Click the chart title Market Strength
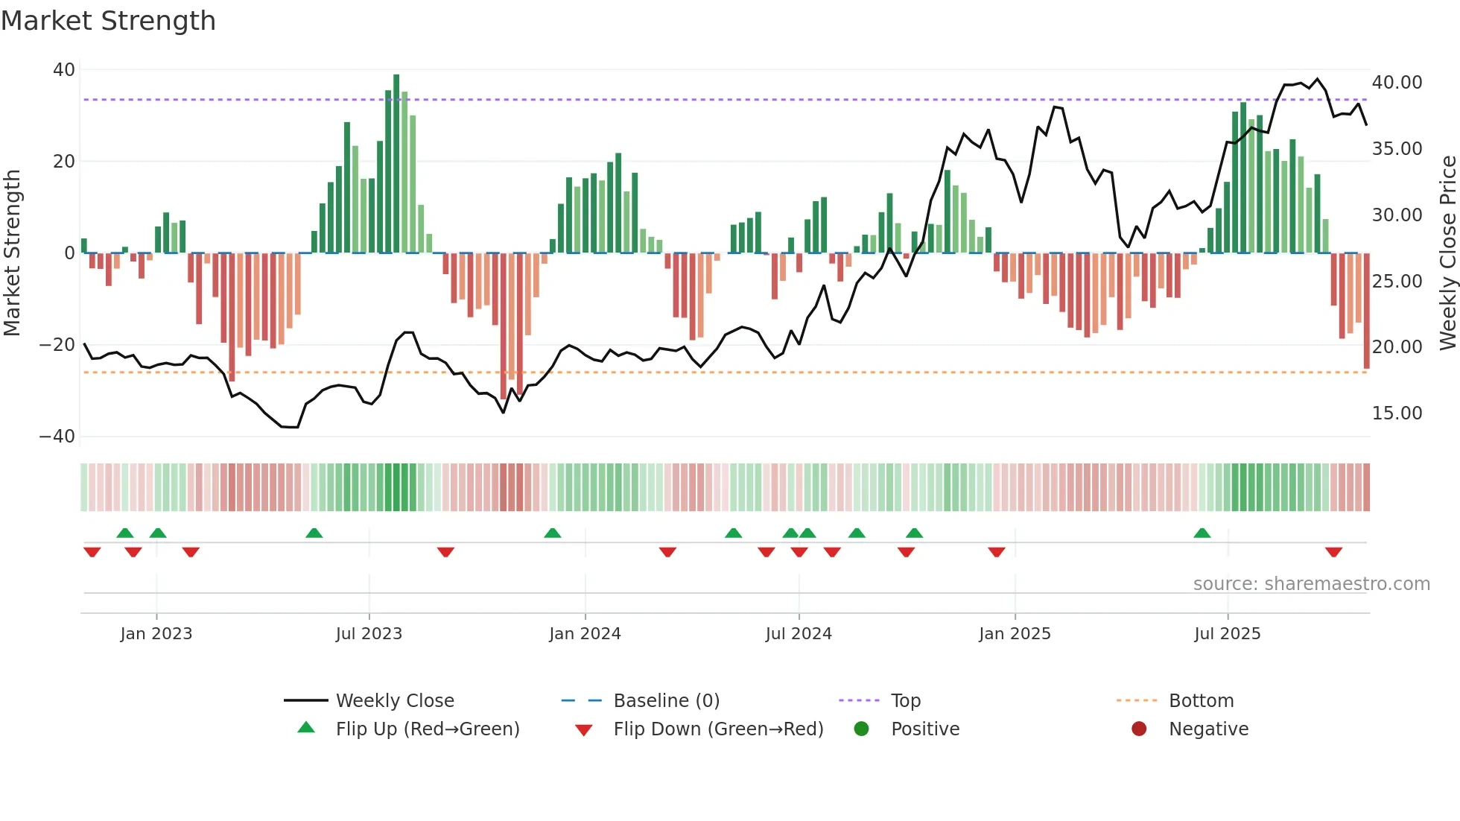tap(108, 21)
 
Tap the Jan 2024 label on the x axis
tap(585, 634)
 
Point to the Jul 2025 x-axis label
tap(1227, 634)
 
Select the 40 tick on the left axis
tap(64, 70)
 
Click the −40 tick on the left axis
tap(57, 437)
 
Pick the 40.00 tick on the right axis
tap(1397, 83)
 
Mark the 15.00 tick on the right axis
tap(1397, 413)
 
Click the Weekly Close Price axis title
tap(1447, 253)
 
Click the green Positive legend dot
tap(862, 729)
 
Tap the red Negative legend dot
tap(1139, 729)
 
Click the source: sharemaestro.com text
tap(1311, 584)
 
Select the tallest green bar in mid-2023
tap(396, 164)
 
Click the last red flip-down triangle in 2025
tap(1333, 552)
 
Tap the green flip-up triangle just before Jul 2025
tap(1202, 533)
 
